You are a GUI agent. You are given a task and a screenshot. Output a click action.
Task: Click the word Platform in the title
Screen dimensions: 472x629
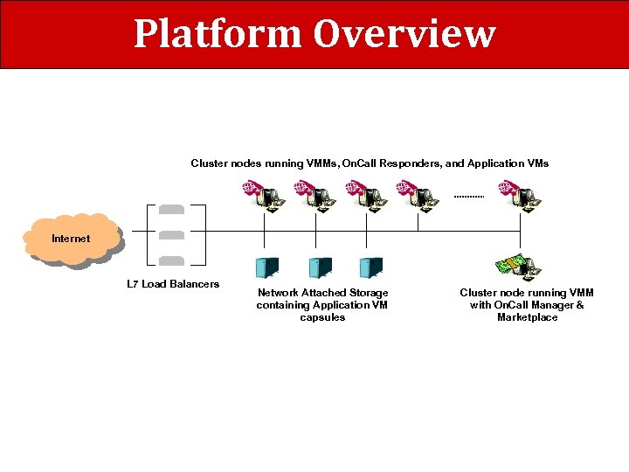pos(218,34)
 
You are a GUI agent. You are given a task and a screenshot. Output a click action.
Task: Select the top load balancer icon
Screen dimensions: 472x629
pos(172,210)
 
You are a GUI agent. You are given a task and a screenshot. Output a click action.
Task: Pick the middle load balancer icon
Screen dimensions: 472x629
pos(172,234)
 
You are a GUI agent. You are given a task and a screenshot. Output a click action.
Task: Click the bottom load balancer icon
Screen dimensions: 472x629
pos(172,260)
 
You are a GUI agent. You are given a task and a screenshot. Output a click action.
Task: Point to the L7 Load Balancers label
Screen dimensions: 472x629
pos(173,284)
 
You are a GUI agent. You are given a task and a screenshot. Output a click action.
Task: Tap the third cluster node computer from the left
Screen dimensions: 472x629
pos(366,196)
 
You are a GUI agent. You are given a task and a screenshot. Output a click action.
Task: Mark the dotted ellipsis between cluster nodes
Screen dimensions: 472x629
pos(469,197)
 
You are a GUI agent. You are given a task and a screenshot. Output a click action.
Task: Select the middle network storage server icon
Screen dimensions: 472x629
pos(320,267)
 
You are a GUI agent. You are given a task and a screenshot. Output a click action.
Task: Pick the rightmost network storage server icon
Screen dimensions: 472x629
pos(371,267)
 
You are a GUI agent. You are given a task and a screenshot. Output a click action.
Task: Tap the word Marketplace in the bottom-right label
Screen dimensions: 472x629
pos(527,317)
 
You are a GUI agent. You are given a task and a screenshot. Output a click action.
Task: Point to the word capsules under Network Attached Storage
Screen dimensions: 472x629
pos(322,317)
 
